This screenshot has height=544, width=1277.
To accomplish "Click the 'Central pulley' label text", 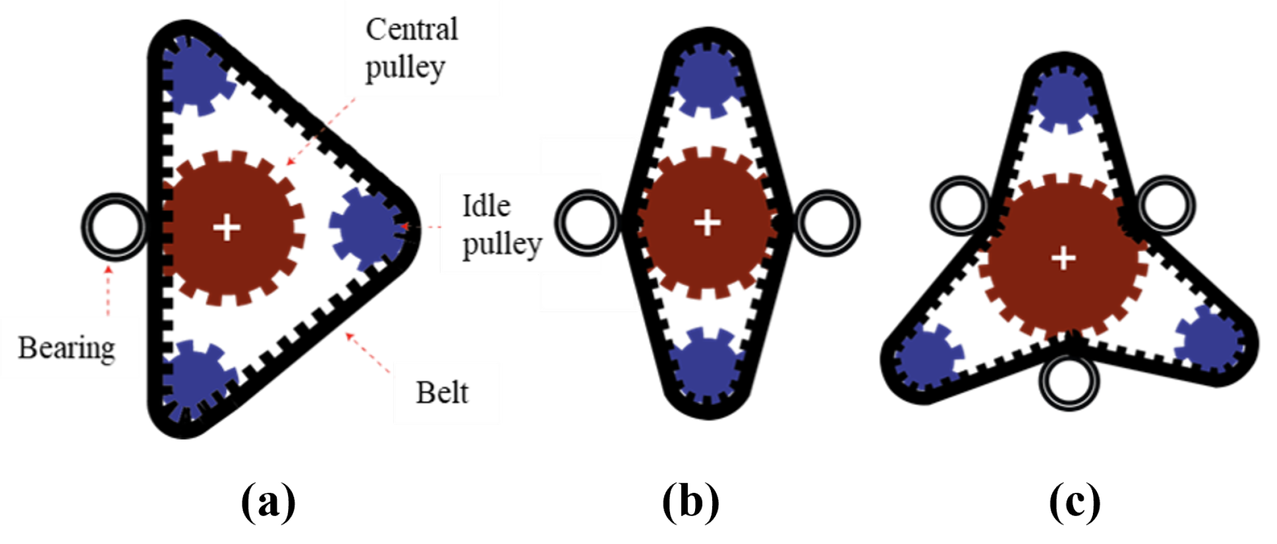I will (410, 49).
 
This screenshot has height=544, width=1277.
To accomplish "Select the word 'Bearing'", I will (66, 348).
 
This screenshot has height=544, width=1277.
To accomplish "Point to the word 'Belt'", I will (442, 392).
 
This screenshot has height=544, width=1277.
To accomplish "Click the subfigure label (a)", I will (268, 502).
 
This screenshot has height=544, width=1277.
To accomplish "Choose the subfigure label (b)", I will (691, 502).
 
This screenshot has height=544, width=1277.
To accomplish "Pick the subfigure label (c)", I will (1074, 502).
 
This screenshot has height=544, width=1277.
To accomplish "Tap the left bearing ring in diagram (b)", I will (588, 222).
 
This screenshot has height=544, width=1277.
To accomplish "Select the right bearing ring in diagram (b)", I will (827, 222).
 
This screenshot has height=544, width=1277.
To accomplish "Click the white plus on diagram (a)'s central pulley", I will (227, 227).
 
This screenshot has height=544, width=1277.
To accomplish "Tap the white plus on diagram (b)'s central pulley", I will (708, 222).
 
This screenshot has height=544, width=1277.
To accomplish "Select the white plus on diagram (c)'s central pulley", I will (1063, 259).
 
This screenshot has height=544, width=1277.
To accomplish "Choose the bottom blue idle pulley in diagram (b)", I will (707, 367).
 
